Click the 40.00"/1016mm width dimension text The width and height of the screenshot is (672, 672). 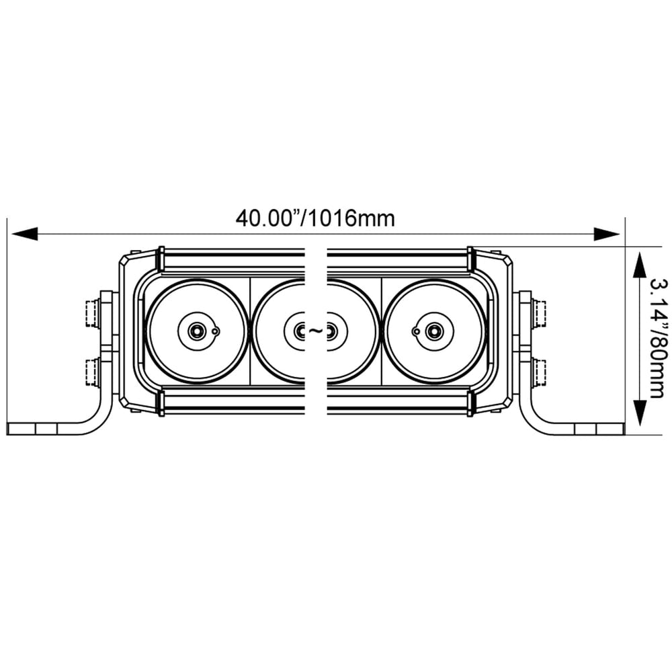coord(315,218)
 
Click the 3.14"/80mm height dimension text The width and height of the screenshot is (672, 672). coord(656,339)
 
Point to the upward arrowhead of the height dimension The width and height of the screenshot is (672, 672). coord(639,262)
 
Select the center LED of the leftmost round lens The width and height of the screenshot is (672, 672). coord(197,331)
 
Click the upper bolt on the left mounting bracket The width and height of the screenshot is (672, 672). coord(92,313)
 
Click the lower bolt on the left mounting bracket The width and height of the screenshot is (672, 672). coord(92,372)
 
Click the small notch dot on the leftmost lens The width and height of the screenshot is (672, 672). coord(214,331)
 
